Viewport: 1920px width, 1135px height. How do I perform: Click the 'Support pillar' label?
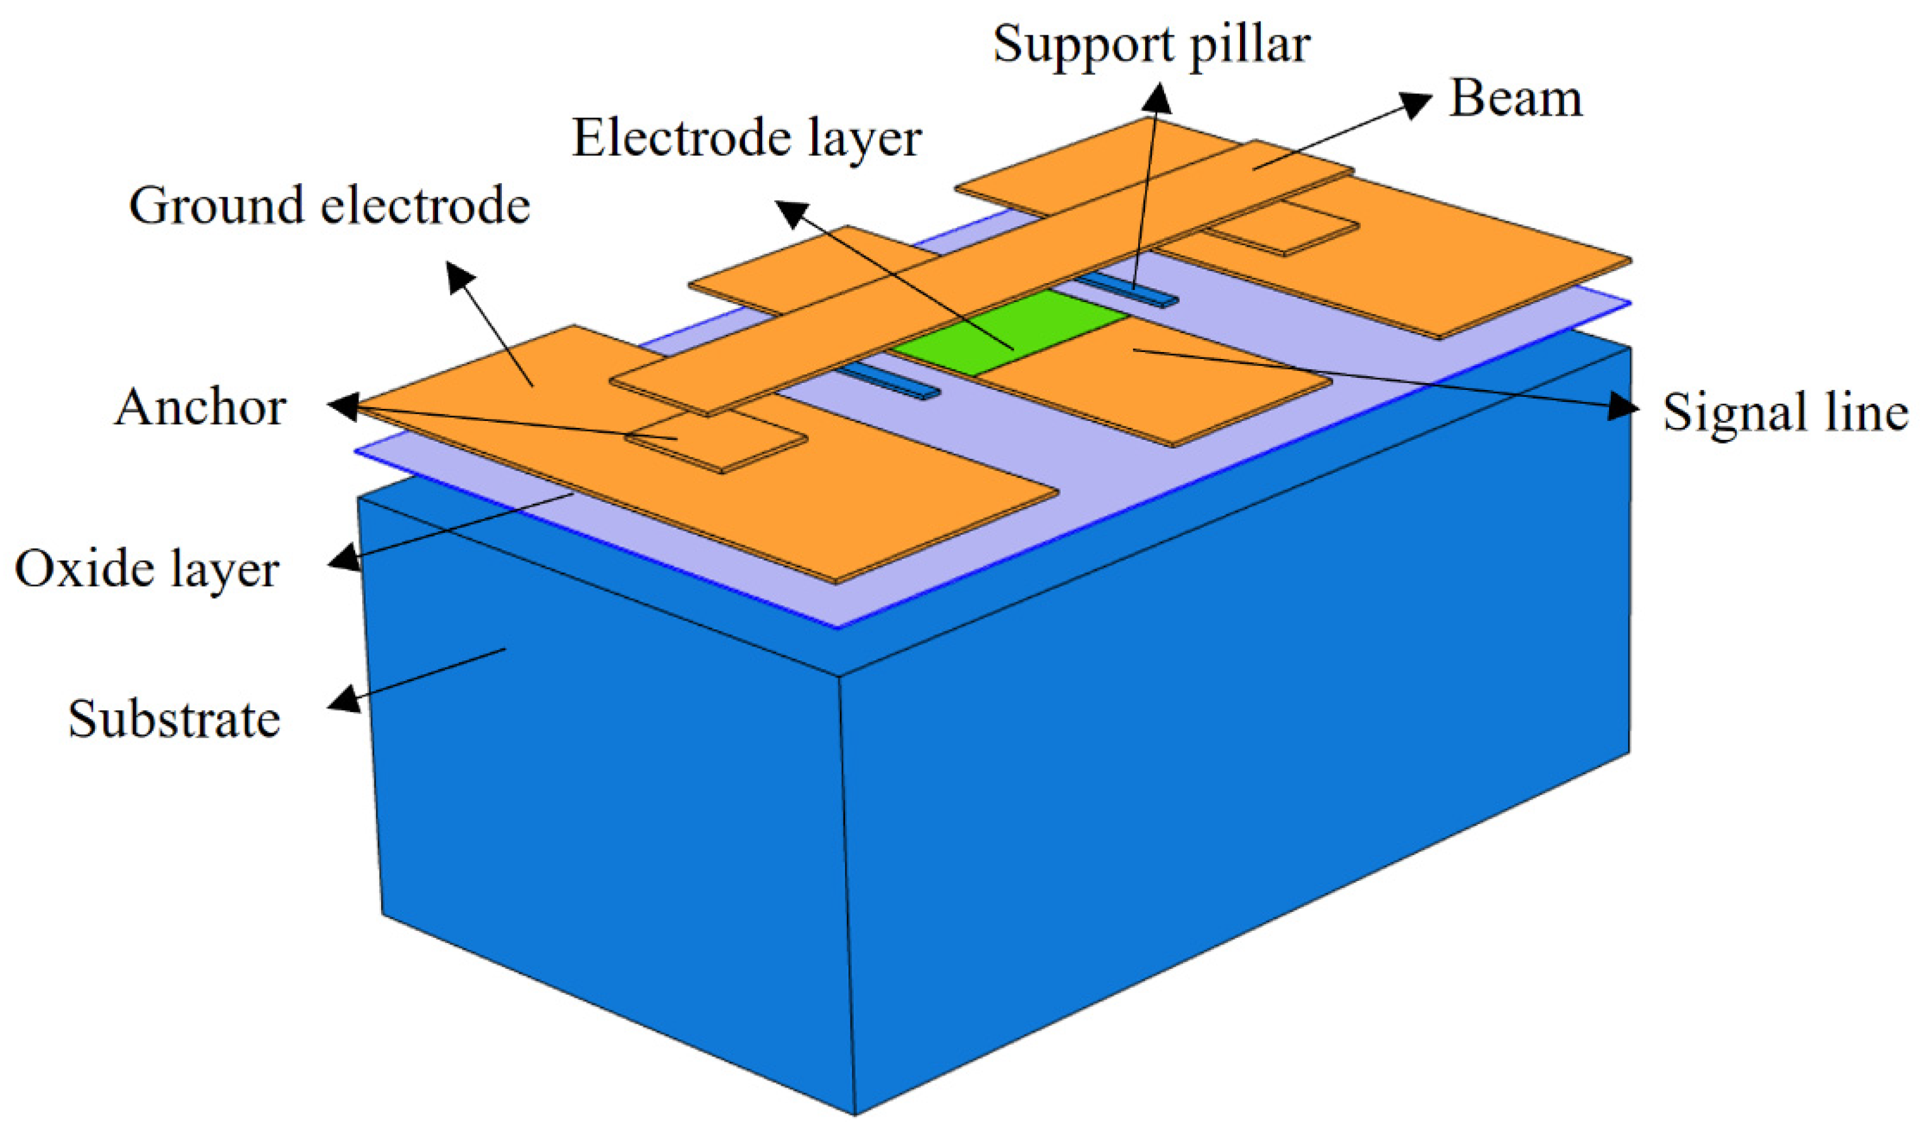pos(1151,44)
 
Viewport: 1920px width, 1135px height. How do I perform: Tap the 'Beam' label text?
pos(1515,99)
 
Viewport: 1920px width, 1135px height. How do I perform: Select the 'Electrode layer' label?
pos(746,139)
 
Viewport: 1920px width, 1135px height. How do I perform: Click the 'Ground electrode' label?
pos(329,206)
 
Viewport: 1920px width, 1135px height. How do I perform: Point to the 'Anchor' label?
pos(200,407)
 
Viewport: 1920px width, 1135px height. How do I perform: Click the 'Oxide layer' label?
pos(147,570)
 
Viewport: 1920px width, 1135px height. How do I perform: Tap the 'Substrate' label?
pos(174,719)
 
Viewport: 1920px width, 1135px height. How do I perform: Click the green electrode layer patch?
pos(1009,332)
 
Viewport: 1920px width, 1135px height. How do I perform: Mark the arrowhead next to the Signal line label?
pos(1624,407)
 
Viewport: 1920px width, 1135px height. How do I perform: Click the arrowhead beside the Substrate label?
pos(344,699)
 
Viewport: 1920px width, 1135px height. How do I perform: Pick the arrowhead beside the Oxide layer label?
pos(345,558)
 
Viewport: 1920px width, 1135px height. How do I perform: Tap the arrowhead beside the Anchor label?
pos(344,407)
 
